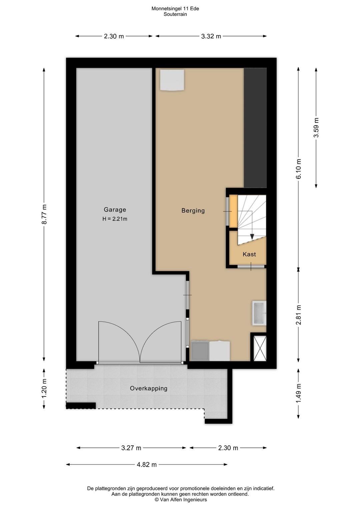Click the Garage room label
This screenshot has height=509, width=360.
pyautogui.click(x=115, y=210)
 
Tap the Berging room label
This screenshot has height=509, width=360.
pyautogui.click(x=193, y=211)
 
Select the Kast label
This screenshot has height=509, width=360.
pyautogui.click(x=249, y=254)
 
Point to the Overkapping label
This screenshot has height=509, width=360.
pyautogui.click(x=149, y=388)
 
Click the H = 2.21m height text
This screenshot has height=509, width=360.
pyautogui.click(x=115, y=219)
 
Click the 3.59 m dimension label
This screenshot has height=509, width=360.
pyautogui.click(x=316, y=127)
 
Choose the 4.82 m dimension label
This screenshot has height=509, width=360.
pyautogui.click(x=147, y=458)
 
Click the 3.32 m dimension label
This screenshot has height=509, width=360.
pyautogui.click(x=211, y=36)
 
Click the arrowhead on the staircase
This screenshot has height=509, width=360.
pyautogui.click(x=252, y=236)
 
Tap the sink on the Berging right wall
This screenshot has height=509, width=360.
pyautogui.click(x=259, y=313)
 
